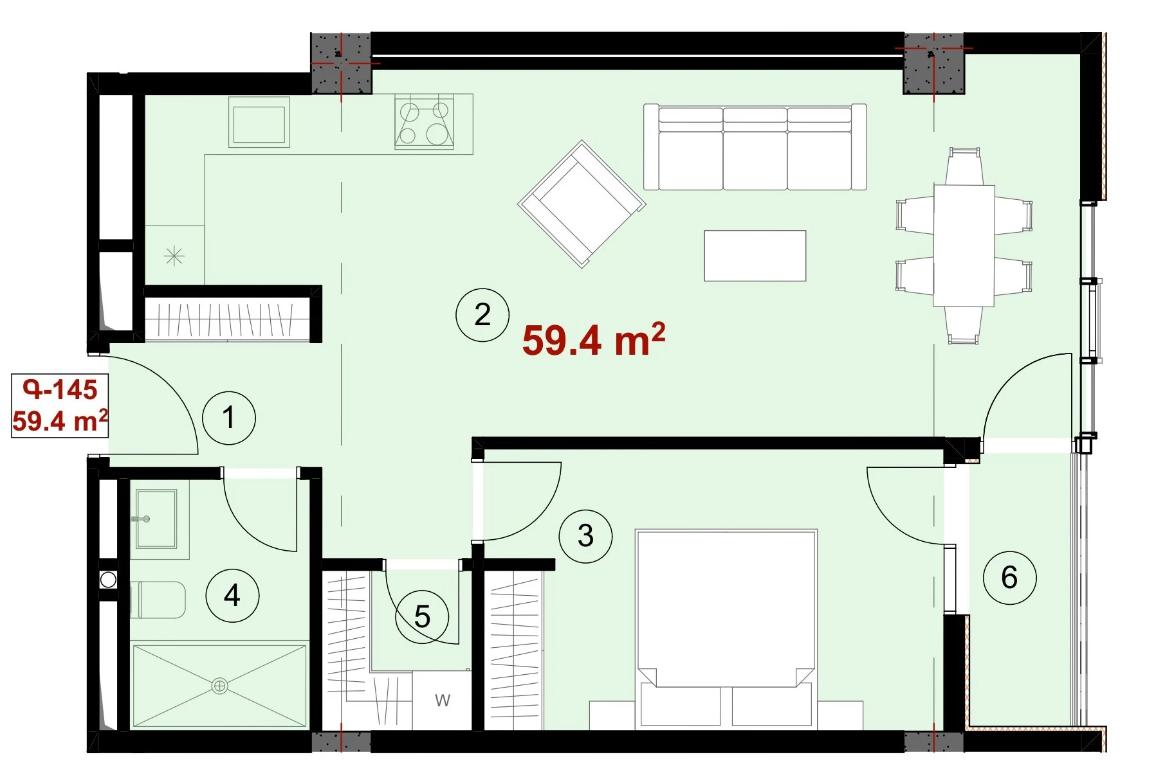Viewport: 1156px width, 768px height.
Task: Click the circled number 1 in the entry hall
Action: (x=229, y=418)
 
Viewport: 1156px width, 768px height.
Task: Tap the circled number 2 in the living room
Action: (x=482, y=314)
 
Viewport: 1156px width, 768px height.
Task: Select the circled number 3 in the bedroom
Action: (x=585, y=536)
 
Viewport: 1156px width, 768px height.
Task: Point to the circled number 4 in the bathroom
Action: (x=232, y=595)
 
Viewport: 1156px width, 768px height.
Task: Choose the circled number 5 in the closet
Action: (x=422, y=617)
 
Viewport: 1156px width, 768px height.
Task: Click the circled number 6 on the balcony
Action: (x=1009, y=577)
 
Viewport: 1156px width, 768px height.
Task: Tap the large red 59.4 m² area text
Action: (x=593, y=339)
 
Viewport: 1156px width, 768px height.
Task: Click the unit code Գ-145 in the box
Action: (x=60, y=389)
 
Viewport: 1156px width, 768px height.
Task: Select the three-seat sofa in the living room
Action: (x=755, y=147)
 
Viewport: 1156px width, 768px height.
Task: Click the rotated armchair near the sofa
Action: (x=582, y=204)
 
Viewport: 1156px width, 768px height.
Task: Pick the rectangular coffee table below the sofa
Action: (x=755, y=256)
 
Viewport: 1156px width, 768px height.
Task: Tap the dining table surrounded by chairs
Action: (x=964, y=246)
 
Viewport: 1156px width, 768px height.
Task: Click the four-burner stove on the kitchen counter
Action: (x=425, y=122)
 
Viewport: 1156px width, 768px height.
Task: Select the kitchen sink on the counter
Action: (x=259, y=123)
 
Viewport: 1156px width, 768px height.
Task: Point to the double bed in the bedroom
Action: (x=726, y=629)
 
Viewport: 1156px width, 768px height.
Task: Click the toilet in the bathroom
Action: (x=158, y=600)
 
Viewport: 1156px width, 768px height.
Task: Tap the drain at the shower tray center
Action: (x=219, y=686)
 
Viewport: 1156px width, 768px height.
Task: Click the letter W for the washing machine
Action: (x=443, y=701)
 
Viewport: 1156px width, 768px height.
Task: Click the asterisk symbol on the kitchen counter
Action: (x=174, y=256)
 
